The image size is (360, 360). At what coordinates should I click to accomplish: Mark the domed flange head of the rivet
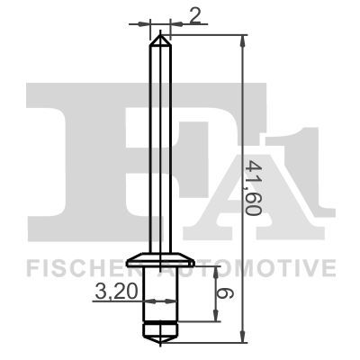[x=160, y=260]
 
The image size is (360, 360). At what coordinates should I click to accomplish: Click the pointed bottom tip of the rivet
[x=160, y=340]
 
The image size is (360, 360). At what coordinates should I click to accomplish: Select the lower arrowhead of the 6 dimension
[x=216, y=317]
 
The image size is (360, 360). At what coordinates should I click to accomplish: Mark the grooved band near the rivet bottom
[x=160, y=320]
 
